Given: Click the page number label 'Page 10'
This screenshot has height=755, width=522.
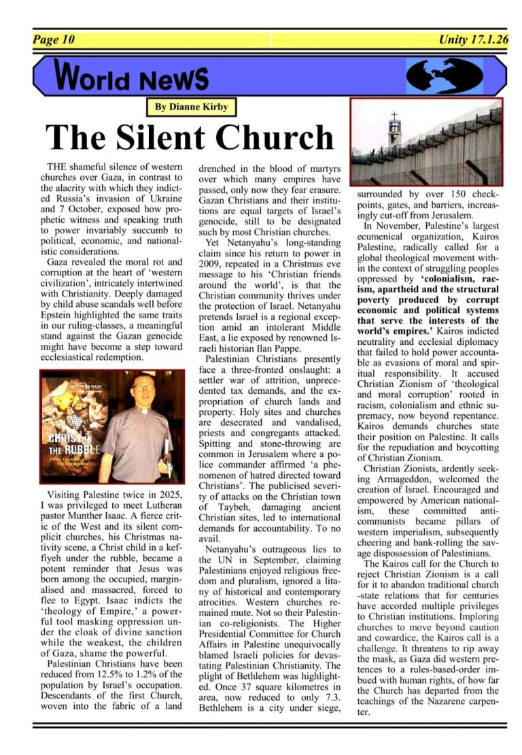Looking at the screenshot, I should tap(53, 39).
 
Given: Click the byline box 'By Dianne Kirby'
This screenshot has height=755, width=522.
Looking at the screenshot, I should tap(192, 107).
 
